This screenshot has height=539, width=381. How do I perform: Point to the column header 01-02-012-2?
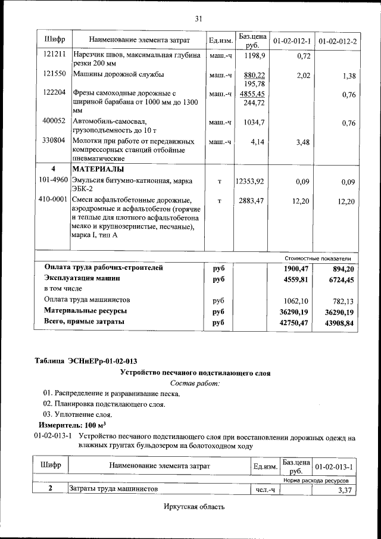(338, 40)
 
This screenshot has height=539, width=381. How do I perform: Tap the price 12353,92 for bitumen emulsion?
(250, 180)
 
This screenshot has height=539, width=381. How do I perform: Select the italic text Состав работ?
(195, 384)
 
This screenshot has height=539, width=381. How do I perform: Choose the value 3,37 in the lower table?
(345, 490)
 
